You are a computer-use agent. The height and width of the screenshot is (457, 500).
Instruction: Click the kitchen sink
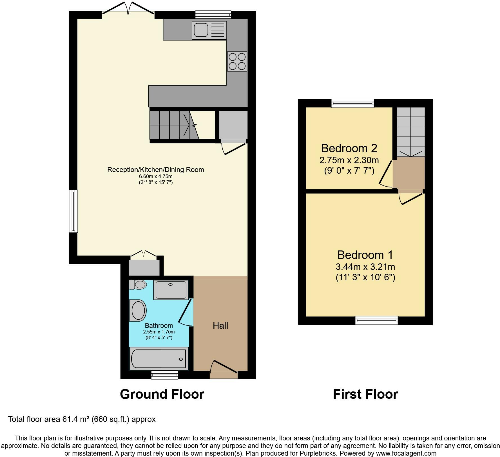(x=209, y=30)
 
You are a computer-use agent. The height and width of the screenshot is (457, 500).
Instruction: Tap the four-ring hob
(x=237, y=61)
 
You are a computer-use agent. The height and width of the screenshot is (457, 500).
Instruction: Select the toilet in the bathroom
(x=138, y=284)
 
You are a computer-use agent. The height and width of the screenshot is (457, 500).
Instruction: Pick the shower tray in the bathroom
(x=171, y=290)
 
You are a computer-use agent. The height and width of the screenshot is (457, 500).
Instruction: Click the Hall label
(x=220, y=326)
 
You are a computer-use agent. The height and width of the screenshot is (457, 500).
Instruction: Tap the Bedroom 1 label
(x=365, y=255)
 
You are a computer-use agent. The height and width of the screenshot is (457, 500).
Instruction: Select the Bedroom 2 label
(x=349, y=148)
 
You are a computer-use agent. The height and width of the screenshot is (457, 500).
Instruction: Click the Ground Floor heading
(x=162, y=394)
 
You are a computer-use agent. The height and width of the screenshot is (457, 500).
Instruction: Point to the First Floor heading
(x=365, y=394)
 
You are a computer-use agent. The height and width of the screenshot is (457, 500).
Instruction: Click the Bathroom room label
(x=159, y=326)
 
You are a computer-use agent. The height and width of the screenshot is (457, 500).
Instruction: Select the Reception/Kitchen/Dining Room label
(x=156, y=170)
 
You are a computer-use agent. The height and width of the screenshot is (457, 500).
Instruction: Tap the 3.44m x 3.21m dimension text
(x=365, y=266)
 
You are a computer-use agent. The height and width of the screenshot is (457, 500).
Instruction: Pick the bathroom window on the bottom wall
(x=165, y=375)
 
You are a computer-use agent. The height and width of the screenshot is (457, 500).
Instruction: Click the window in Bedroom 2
(x=353, y=103)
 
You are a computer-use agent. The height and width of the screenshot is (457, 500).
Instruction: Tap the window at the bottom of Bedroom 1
(x=377, y=320)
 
